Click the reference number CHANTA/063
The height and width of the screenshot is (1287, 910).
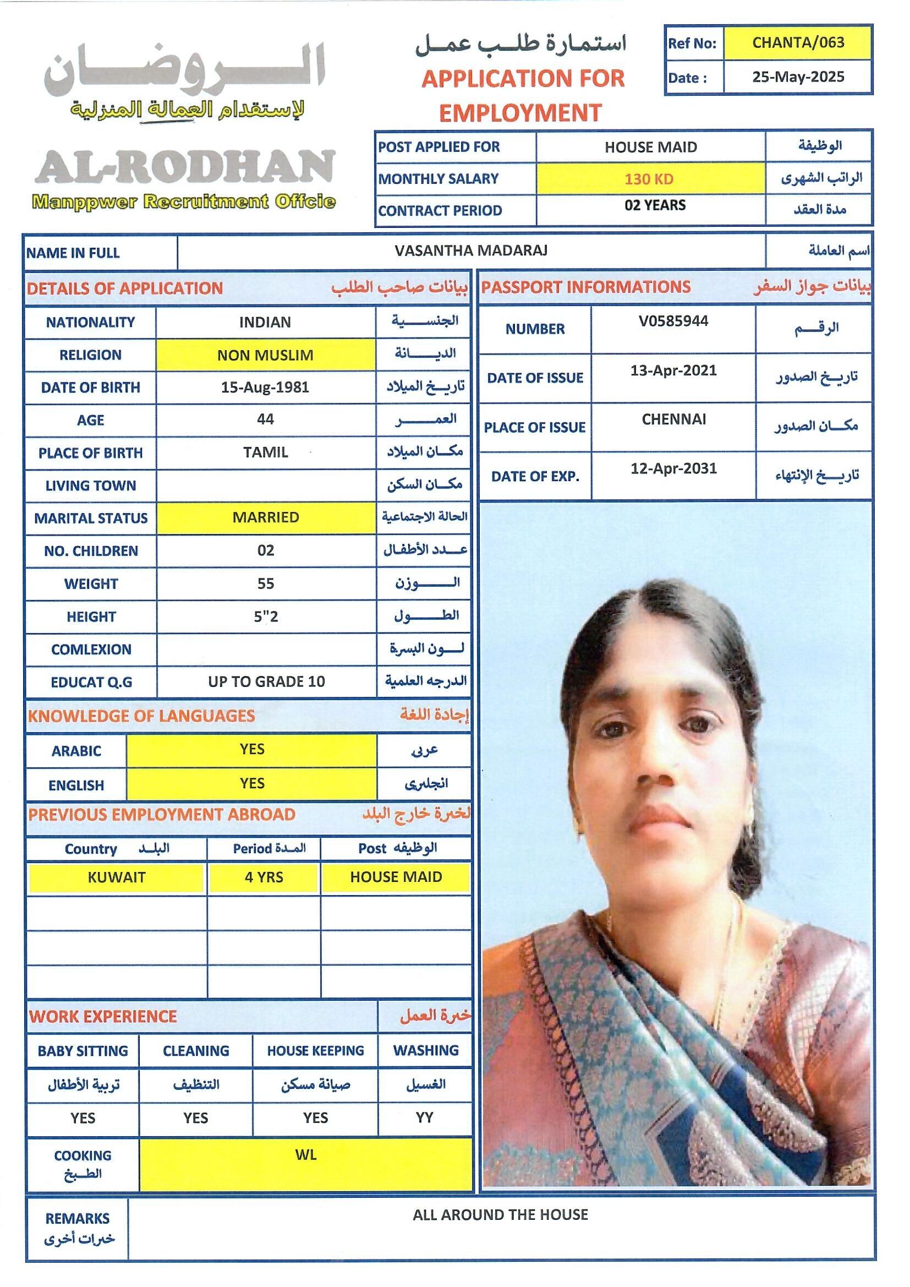797,42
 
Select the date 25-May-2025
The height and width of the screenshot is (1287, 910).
797,77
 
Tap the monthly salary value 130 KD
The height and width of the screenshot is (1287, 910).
649,179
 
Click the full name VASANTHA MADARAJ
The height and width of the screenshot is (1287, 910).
471,250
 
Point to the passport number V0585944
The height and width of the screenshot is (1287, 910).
673,321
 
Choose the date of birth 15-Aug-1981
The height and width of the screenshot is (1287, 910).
265,388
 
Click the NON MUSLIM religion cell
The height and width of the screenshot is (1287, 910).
265,355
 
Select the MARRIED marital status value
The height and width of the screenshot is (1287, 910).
266,517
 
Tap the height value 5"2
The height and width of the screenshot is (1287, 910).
266,617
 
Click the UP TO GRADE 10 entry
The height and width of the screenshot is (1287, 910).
266,681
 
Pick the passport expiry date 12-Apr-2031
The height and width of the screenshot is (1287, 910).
673,468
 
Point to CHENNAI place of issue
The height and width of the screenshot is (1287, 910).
673,419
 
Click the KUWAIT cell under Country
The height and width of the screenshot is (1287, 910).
116,877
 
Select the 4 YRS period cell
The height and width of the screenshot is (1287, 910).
264,877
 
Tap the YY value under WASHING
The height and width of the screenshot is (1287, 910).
424,1117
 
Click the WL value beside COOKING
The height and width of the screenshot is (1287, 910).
306,1155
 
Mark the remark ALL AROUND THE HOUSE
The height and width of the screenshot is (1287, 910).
500,1215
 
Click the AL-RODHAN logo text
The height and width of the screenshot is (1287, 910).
185,167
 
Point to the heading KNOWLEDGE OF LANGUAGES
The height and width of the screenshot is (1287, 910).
141,716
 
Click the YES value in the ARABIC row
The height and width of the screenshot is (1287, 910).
251,749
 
